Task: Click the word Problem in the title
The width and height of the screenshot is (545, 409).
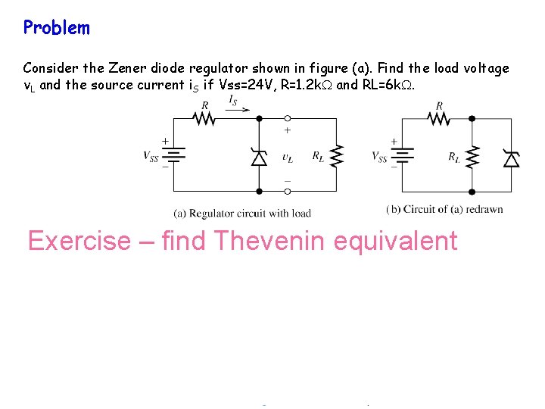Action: [57, 28]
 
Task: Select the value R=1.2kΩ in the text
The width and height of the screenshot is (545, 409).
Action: [306, 85]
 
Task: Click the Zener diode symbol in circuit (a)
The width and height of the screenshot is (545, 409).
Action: [259, 158]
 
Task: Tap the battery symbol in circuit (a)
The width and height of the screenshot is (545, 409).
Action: [174, 156]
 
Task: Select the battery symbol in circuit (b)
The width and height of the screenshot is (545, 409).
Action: [402, 156]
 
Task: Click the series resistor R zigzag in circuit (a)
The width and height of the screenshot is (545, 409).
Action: [206, 118]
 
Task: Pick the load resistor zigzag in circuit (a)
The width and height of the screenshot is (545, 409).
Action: [338, 158]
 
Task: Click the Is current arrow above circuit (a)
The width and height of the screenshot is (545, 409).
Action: [236, 108]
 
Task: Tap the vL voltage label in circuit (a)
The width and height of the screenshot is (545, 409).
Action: [288, 158]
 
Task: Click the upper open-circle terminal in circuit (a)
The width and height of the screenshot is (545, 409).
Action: [288, 118]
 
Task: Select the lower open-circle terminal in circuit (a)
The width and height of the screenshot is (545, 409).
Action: [288, 192]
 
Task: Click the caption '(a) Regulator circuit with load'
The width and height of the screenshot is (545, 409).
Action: [242, 213]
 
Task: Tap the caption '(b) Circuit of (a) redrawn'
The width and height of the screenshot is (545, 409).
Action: [444, 209]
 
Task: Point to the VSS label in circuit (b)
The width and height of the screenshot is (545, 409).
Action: [379, 157]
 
